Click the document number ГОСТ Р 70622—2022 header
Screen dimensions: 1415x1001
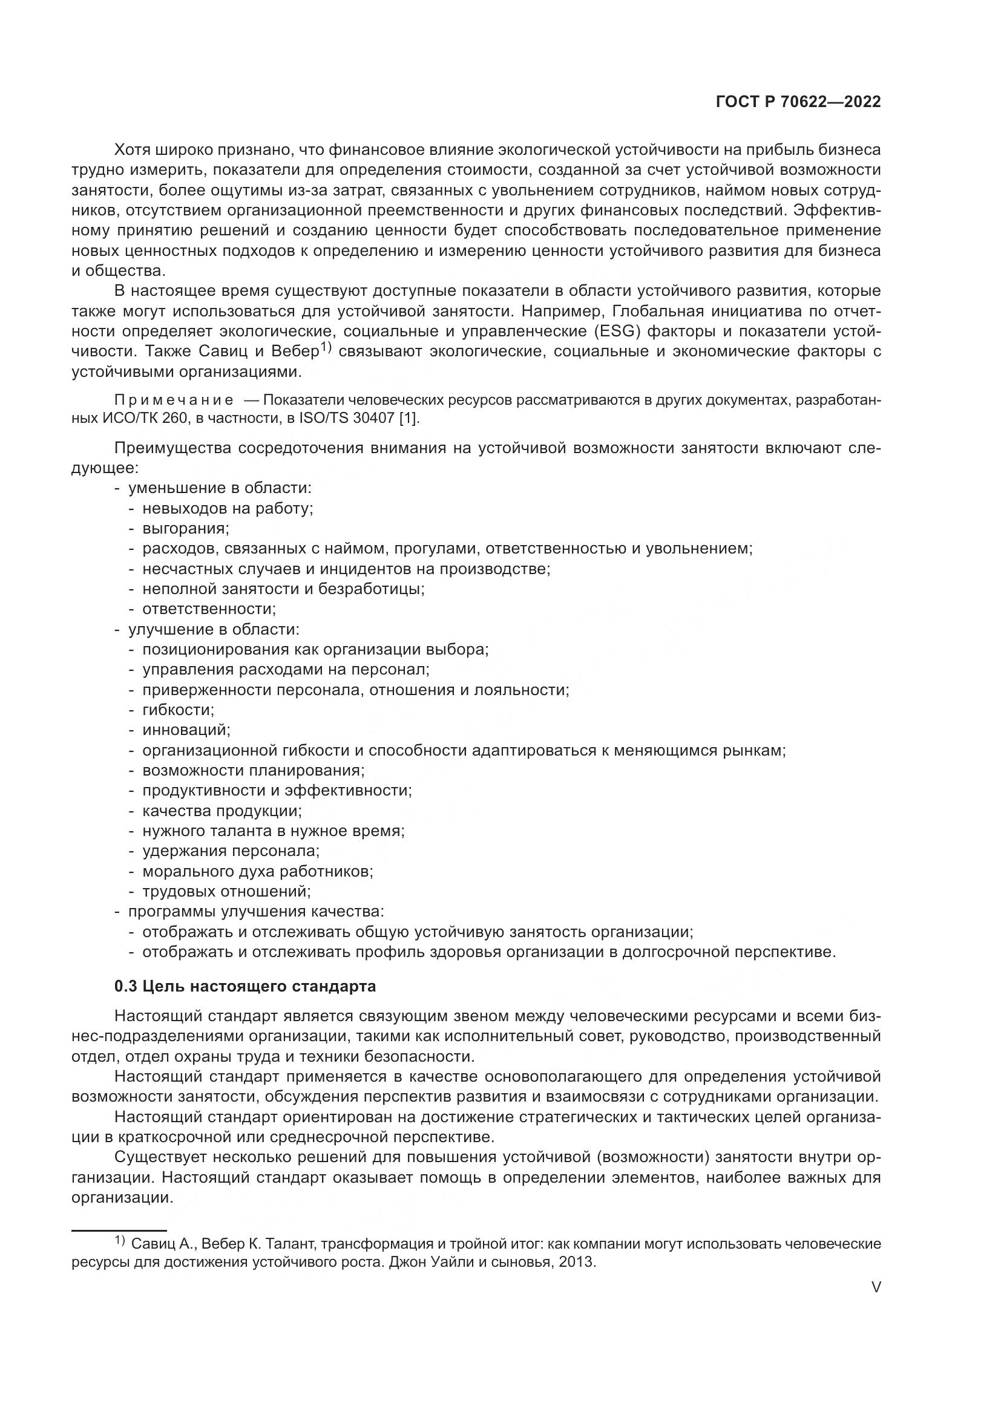[798, 102]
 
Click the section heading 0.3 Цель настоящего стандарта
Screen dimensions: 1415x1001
[245, 987]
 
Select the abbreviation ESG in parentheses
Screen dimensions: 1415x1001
[619, 332]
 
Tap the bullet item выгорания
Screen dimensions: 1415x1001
[185, 528]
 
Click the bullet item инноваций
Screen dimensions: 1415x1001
[186, 730]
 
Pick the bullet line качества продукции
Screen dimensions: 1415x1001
[222, 811]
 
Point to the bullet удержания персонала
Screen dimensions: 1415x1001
[231, 851]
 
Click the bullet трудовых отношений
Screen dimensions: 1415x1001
[226, 892]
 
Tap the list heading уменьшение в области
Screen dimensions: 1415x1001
[220, 488]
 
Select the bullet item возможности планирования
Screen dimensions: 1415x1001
[253, 770]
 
